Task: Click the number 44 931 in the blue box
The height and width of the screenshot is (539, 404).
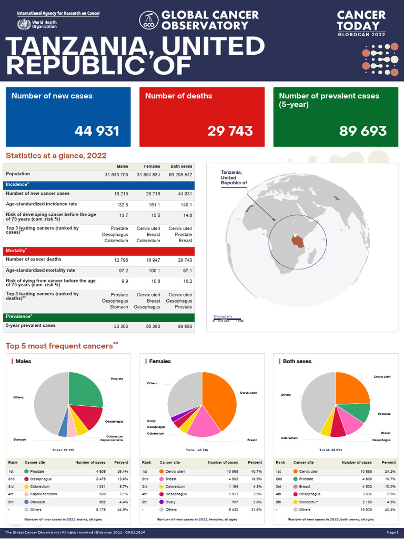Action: coord(97,131)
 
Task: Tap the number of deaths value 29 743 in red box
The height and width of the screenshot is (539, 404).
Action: coord(230,131)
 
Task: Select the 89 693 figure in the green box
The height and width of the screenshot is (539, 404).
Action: coord(363,131)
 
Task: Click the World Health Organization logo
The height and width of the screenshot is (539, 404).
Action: coord(24,24)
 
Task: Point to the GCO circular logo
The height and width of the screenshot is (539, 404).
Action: coord(149,20)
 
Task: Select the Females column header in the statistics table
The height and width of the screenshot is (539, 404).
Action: coord(151,166)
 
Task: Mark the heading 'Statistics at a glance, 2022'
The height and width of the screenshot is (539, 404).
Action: coord(56,155)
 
